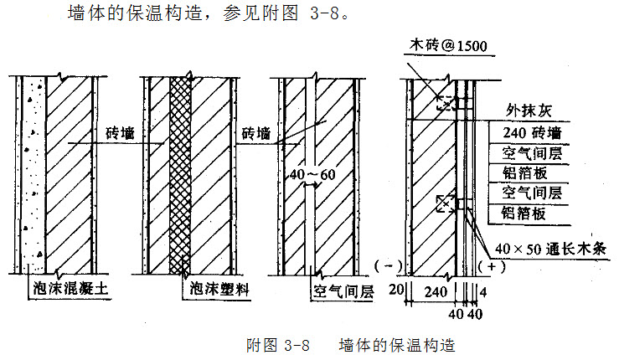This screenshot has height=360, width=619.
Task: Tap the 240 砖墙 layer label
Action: pos(531,132)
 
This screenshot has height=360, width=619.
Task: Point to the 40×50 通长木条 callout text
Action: pos(555,248)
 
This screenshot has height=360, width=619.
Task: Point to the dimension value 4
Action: pos(483,292)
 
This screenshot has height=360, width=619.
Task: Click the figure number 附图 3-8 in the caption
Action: pos(278,344)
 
